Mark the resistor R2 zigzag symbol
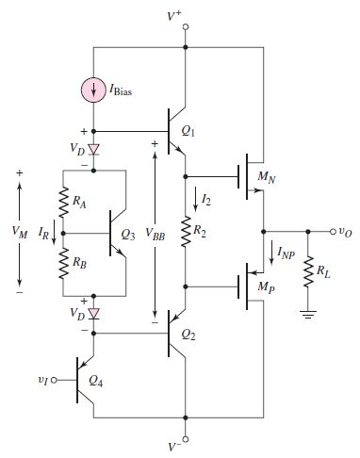[186, 229]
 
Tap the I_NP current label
[283, 250]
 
